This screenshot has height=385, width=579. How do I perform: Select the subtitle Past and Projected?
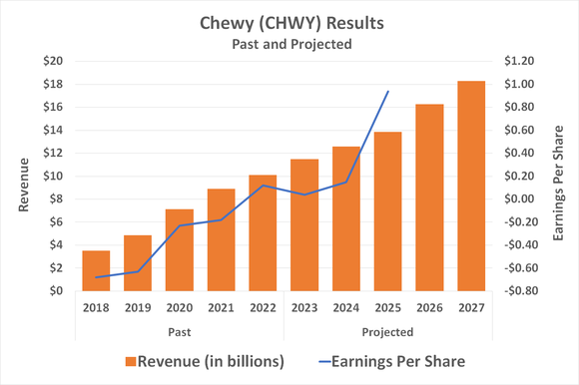pyautogui.click(x=289, y=45)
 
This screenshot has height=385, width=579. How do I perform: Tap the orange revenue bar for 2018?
pyautogui.click(x=96, y=270)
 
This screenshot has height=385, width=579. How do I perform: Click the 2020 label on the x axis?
pyautogui.click(x=180, y=307)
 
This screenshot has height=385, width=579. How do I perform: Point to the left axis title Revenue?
pyautogui.click(x=22, y=177)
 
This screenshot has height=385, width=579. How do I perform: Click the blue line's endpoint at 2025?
pyautogui.click(x=387, y=92)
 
